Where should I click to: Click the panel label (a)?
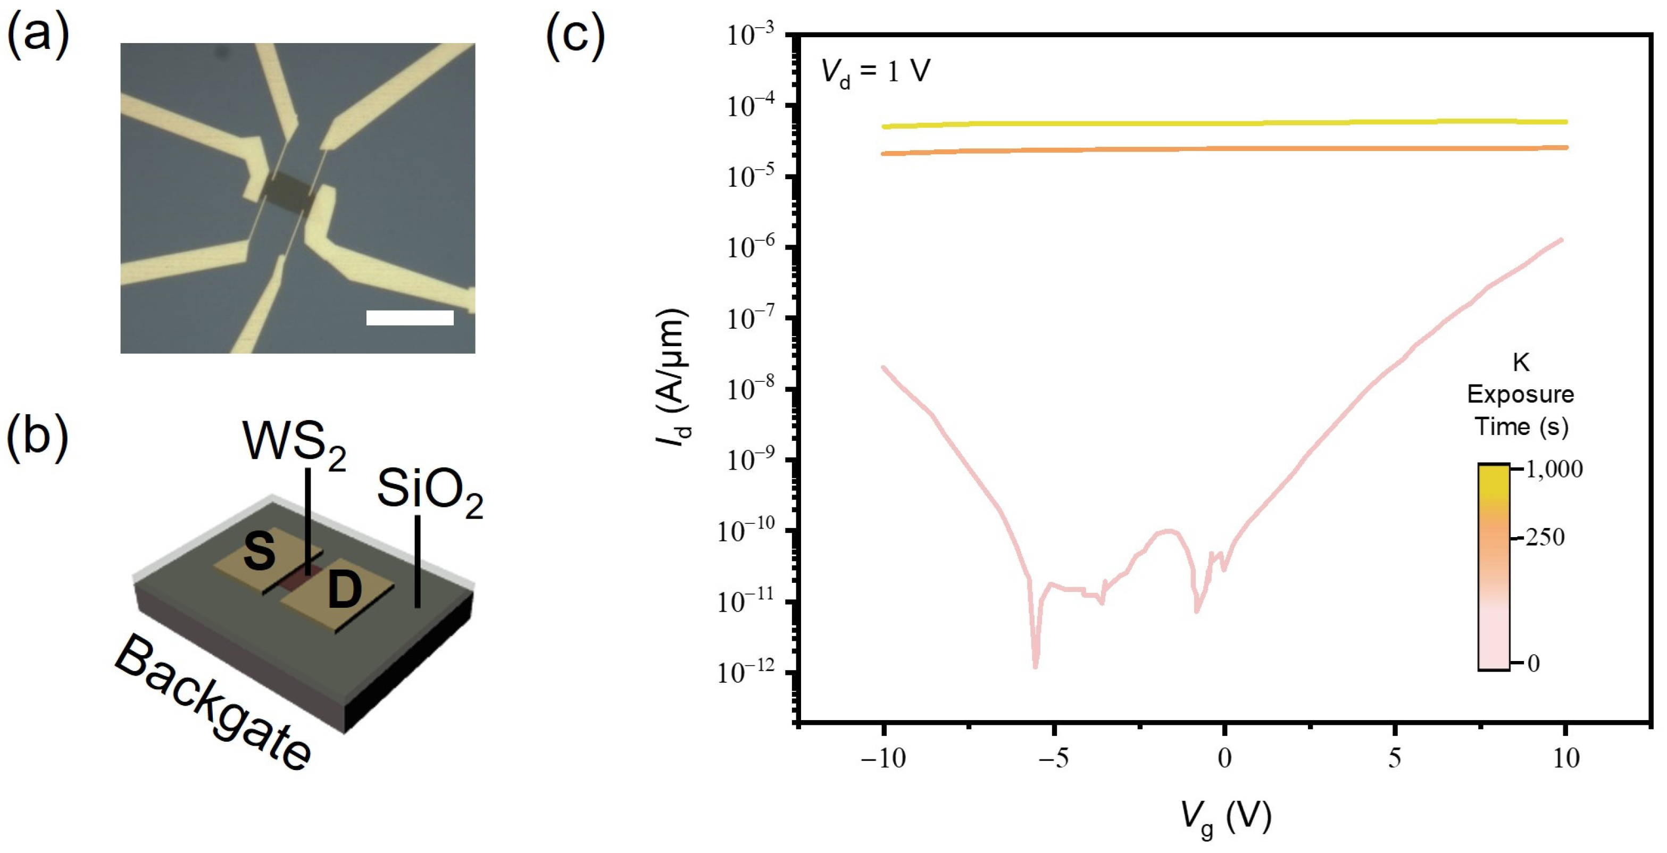[38, 34]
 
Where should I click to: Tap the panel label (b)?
[38, 436]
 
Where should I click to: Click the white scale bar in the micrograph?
[410, 317]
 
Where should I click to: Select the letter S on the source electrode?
[259, 552]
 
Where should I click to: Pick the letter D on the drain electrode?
[344, 590]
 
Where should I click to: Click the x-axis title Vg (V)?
[1226, 818]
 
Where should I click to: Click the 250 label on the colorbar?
[1545, 537]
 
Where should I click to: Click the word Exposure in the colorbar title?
[1520, 394]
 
